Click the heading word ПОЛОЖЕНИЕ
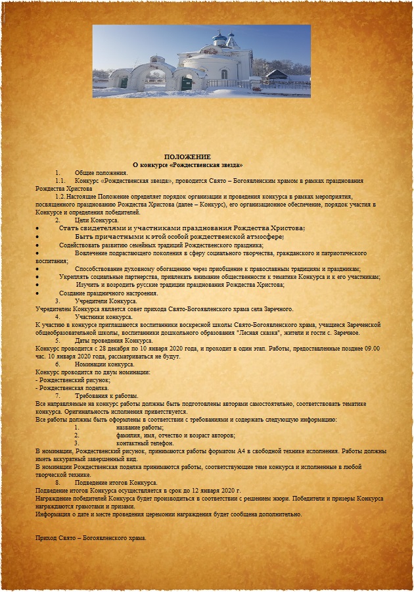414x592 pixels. coord(188,157)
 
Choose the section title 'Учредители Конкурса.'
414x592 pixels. coord(106,301)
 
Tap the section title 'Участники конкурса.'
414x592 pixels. coord(104,316)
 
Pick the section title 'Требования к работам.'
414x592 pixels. coord(107,396)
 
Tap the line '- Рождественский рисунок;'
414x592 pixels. coord(73,380)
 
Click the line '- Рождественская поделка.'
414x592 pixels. coord(73,388)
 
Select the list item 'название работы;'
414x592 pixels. coord(139,428)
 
